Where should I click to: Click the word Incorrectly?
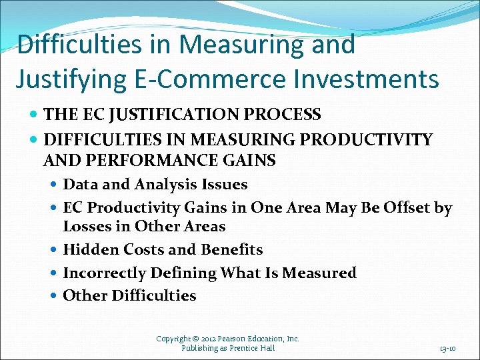[104, 273]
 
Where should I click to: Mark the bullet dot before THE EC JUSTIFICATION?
[35, 115]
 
